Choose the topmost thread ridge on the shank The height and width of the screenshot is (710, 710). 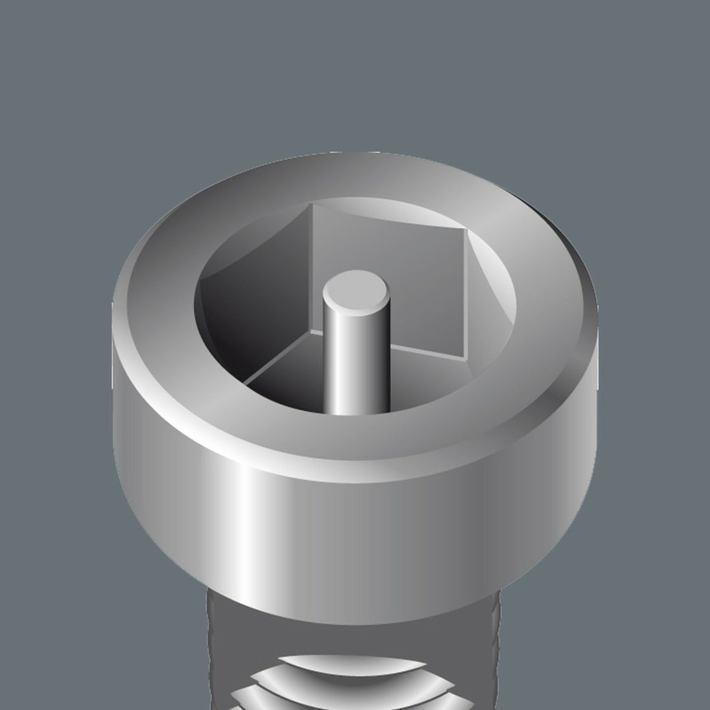point(355,664)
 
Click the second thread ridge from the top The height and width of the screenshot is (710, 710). point(355,690)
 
